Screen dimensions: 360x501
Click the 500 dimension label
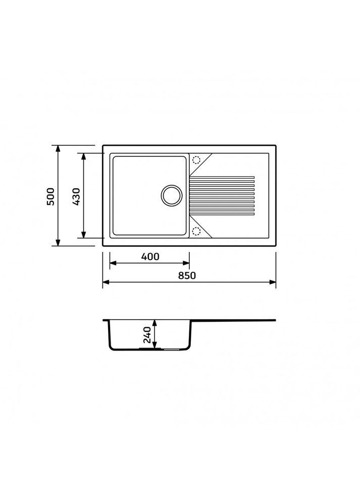point(51,196)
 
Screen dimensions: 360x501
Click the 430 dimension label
point(76,196)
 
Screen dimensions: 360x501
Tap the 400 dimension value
point(150,257)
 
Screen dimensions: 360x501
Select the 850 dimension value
point(187,275)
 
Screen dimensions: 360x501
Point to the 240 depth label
point(147,334)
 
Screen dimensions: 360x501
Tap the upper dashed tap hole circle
point(196,160)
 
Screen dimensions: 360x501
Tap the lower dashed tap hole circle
point(196,231)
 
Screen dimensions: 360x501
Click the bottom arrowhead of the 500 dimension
point(58,242)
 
